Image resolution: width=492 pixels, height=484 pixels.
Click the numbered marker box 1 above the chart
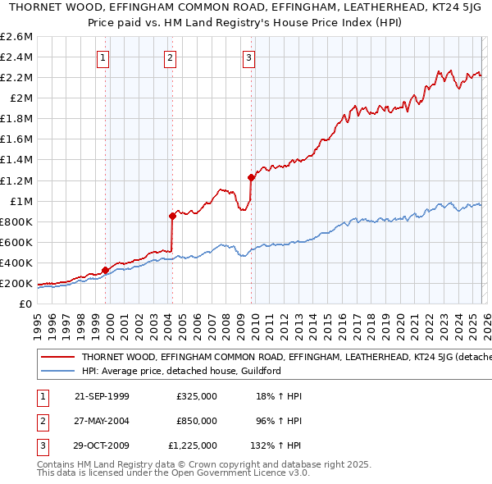tap(103, 57)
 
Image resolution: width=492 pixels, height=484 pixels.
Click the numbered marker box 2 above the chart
tap(169, 57)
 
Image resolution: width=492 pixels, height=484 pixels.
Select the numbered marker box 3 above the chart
tap(248, 57)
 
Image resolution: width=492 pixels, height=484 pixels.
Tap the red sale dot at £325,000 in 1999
tap(105, 270)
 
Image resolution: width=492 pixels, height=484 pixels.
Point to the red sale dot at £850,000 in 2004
tap(172, 216)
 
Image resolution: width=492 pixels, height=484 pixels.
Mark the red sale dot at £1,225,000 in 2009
tap(251, 177)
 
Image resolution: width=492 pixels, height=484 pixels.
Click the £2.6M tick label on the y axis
tap(17, 37)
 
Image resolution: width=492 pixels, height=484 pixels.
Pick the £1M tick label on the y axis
tap(20, 201)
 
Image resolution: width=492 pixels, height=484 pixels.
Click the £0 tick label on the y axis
tap(27, 304)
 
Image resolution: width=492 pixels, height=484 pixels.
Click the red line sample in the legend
tap(57, 358)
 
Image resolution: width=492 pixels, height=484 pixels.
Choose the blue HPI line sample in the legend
tap(57, 372)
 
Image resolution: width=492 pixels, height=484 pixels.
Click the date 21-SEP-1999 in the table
tap(102, 397)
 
